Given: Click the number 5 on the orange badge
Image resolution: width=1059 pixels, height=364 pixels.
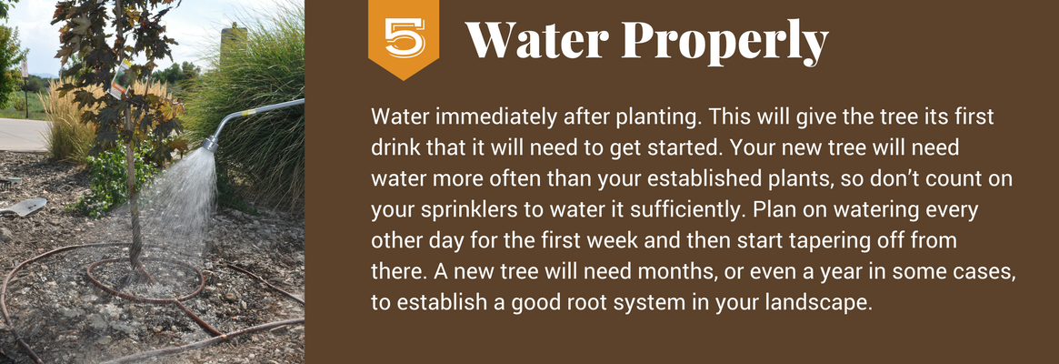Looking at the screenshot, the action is [405, 37].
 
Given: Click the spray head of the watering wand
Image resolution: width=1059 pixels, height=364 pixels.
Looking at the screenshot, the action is [210, 143].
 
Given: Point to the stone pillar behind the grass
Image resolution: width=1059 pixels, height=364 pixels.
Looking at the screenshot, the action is [233, 41].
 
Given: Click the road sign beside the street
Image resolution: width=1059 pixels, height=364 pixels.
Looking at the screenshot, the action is [25, 67].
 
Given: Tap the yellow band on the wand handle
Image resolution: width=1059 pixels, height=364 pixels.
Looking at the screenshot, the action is [256, 109].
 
